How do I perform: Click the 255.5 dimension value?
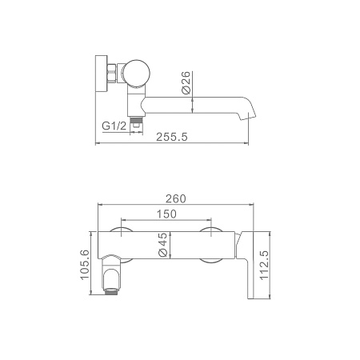(172, 137)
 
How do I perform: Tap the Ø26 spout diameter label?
(186, 82)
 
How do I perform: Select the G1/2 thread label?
(114, 126)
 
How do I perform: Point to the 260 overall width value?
(176, 198)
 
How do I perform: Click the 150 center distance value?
(166, 214)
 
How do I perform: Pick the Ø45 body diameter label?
(162, 245)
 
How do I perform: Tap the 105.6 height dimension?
(85, 264)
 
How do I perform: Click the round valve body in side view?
(136, 74)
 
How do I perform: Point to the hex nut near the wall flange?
(111, 73)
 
